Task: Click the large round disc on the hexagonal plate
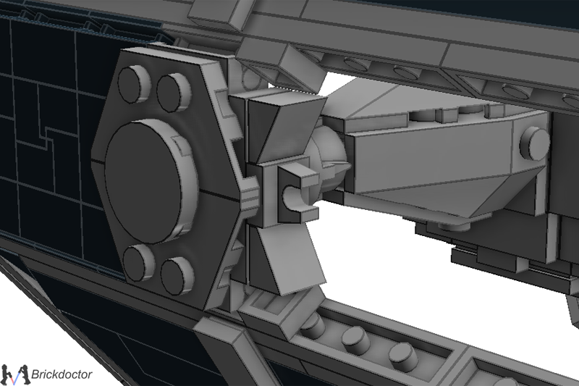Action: click(x=150, y=181)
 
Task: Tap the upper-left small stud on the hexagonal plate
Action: click(x=135, y=83)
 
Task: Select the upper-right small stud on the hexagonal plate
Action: click(x=174, y=92)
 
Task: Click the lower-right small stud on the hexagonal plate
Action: click(x=177, y=275)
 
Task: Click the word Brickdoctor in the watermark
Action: click(x=62, y=374)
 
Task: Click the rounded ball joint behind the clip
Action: click(x=327, y=159)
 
